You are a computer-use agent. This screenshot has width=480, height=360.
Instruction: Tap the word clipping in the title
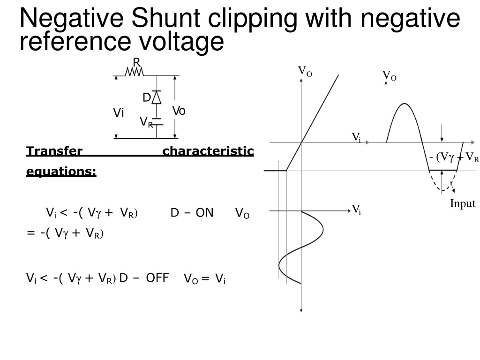coord(253,19)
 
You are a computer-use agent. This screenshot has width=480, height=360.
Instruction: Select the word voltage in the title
coord(182,42)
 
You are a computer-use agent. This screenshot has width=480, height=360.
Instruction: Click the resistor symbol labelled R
coord(134,72)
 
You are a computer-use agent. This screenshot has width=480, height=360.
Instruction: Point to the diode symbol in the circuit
coord(157,97)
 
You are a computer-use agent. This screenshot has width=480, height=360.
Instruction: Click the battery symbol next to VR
coord(157,121)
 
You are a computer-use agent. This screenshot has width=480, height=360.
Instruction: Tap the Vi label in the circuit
coord(119,112)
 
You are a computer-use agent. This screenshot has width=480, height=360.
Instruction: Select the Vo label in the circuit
coord(179,111)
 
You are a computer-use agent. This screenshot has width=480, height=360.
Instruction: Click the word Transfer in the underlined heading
coord(54,151)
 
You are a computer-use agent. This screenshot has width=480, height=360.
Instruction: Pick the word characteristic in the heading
coord(208,151)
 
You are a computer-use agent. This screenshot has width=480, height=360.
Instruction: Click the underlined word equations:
coord(61,171)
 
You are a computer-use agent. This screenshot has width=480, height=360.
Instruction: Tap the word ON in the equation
coord(204,212)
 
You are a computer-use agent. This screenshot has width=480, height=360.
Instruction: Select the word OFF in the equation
coord(157,278)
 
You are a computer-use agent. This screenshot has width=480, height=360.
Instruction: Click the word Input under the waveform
coord(463,203)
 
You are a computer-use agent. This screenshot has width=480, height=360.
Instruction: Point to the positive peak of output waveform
coord(405,104)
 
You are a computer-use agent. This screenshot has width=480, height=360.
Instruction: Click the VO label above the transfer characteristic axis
coord(305,71)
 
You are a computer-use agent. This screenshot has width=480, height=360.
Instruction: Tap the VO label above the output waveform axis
coord(390,75)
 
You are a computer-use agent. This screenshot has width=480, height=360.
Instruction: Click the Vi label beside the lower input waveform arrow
coord(356,210)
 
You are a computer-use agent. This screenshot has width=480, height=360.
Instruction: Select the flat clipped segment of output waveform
coord(443,170)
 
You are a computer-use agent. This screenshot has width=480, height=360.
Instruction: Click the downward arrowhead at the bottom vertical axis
coord(301,310)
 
